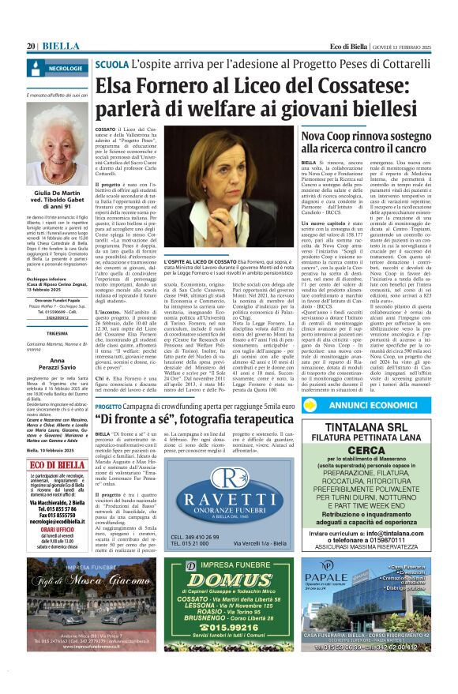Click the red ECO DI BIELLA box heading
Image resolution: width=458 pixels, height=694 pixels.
coord(59,465)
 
